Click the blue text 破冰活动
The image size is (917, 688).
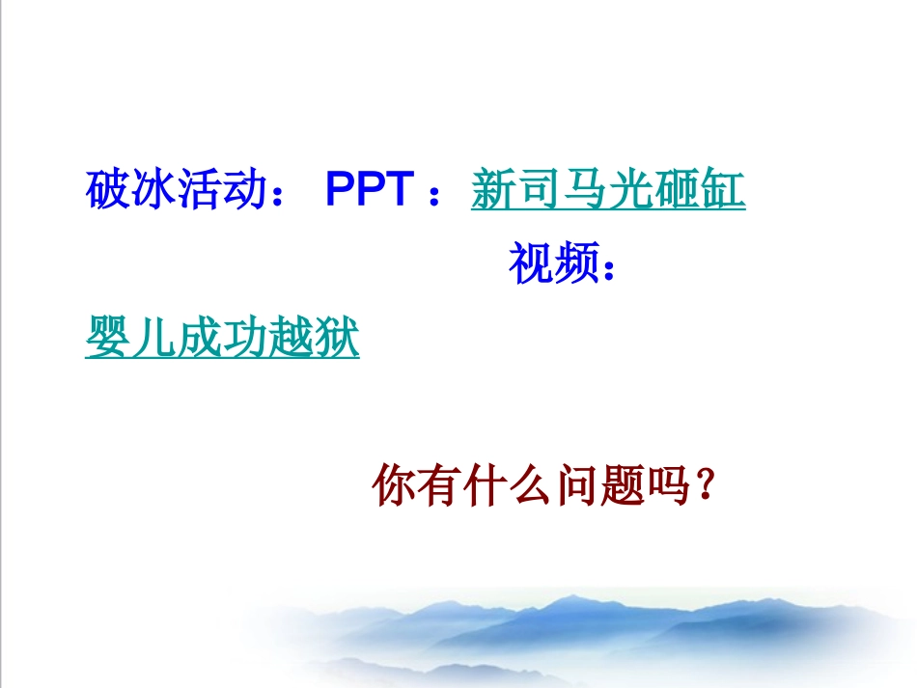point(176,191)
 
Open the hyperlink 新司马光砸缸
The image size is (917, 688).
point(608,191)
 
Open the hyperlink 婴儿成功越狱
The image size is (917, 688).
point(222,339)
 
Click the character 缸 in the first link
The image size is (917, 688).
point(723,191)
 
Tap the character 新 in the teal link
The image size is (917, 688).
point(493,191)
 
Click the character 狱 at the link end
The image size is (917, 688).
point(337,339)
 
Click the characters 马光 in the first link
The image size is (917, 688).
point(608,191)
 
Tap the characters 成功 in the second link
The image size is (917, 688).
point(222,339)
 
